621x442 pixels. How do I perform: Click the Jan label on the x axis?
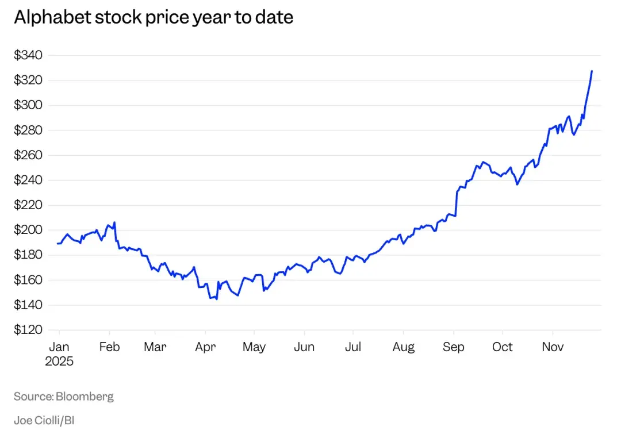59,347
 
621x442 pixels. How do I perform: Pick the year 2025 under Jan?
59,362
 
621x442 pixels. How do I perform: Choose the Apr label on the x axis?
205,347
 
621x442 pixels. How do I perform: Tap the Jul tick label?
353,347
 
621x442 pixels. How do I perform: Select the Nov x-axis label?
553,347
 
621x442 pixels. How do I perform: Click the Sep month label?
454,347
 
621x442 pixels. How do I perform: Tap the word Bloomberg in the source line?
85,397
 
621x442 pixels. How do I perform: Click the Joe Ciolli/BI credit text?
44,420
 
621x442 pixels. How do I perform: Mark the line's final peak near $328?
592,71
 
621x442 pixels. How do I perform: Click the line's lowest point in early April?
216,299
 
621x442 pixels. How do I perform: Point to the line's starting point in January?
58,244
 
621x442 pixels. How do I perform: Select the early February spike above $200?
115,222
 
